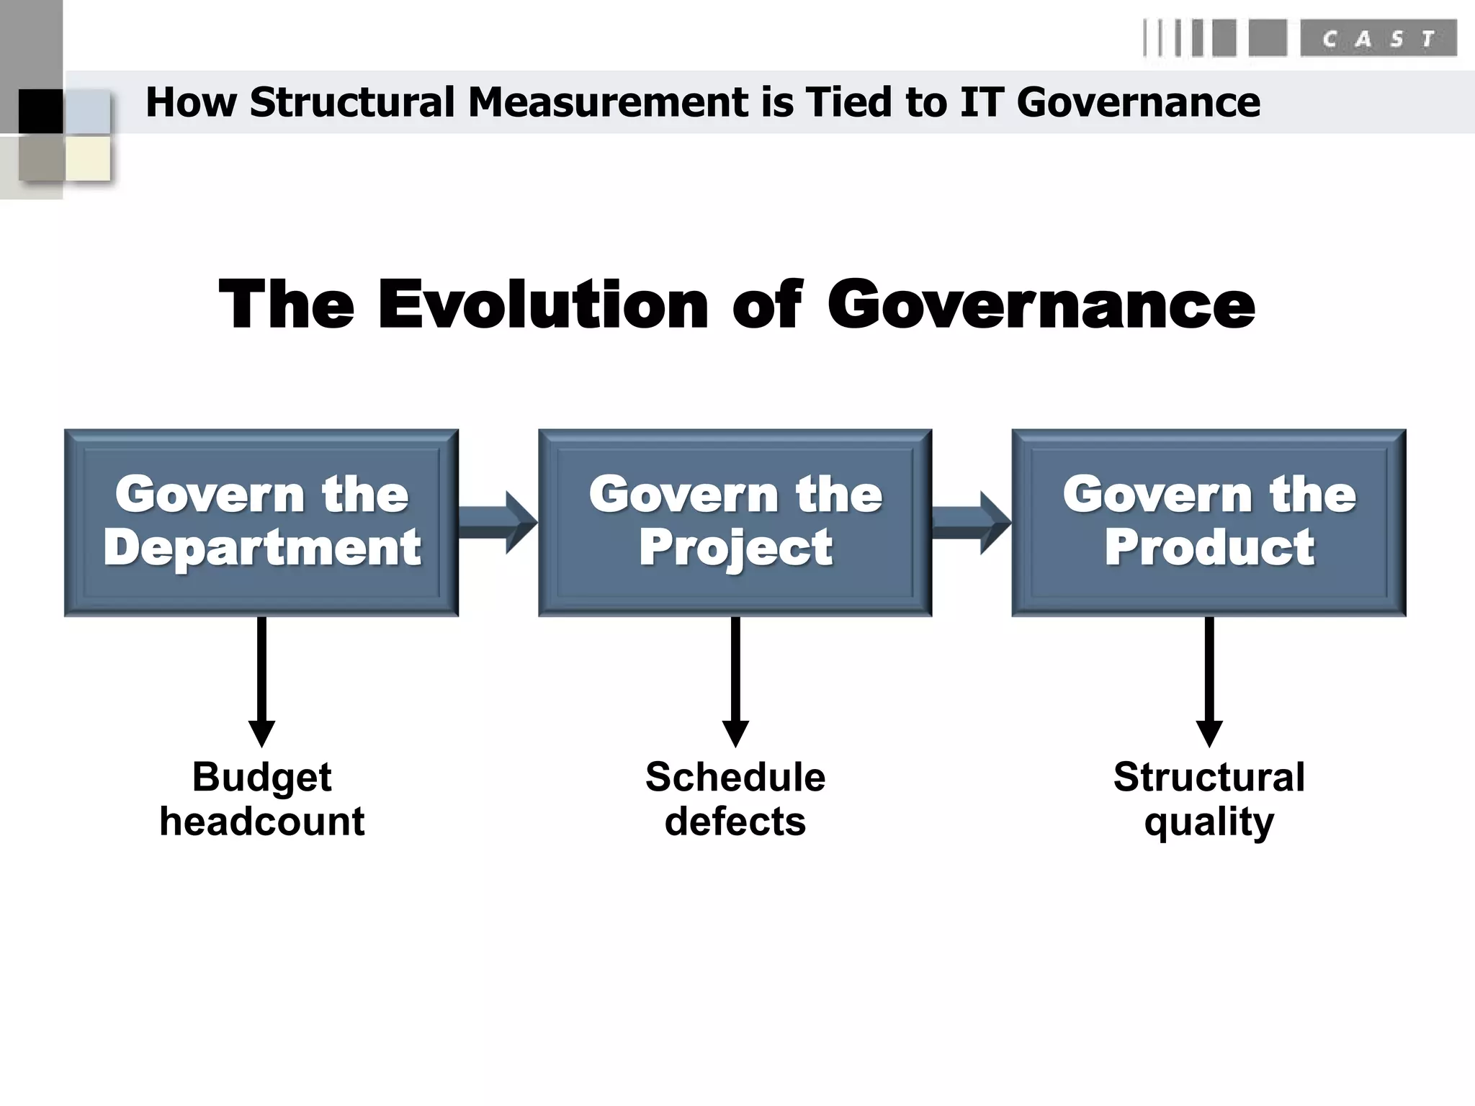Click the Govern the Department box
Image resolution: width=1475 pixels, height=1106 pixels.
tap(261, 523)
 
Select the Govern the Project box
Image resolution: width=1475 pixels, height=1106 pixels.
tap(735, 523)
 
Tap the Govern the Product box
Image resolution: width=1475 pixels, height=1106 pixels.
tap(1209, 523)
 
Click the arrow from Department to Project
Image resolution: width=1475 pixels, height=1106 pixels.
tap(498, 523)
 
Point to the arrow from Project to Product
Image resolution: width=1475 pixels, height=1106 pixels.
tap(972, 523)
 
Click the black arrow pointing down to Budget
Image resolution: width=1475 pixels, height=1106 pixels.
tap(261, 680)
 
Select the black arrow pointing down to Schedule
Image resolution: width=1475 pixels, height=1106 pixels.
tap(735, 680)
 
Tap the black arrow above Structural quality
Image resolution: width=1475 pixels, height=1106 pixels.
tap(1209, 680)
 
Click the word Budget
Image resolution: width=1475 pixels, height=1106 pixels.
tap(261, 778)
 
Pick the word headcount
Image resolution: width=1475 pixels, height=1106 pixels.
tap(261, 822)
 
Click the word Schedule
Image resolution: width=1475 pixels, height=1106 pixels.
tap(735, 778)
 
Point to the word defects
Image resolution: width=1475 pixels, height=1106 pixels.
tap(735, 822)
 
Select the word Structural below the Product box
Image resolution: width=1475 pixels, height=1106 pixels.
tap(1209, 778)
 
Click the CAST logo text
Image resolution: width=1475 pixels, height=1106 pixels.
tap(1378, 39)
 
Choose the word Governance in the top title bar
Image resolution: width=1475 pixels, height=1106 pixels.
tap(1138, 102)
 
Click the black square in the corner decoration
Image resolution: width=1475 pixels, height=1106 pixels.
tap(40, 112)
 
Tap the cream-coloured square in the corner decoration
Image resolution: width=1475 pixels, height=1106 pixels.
tap(88, 158)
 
